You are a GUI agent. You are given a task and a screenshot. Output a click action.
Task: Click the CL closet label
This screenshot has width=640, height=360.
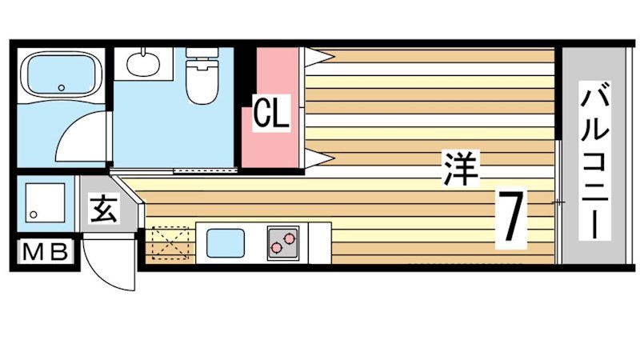point(270,114)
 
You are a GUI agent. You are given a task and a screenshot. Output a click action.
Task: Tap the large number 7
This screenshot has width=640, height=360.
point(511,218)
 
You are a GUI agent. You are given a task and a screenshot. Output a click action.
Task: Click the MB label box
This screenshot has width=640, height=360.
point(45,253)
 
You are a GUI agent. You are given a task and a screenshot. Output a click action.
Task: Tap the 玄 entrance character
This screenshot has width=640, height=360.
point(102,211)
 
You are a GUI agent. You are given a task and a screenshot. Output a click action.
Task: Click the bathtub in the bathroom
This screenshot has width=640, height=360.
point(60,75)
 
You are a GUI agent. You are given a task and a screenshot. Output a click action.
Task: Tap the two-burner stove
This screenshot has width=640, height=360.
point(282,242)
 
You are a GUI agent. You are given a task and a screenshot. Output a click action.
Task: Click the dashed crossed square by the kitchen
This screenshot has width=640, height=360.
point(170,243)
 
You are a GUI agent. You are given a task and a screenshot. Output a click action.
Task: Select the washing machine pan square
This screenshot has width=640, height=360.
point(46,202)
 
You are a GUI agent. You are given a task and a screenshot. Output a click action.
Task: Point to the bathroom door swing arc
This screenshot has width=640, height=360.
point(80,136)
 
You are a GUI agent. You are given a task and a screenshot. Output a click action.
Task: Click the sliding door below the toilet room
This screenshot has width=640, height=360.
point(204,170)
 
